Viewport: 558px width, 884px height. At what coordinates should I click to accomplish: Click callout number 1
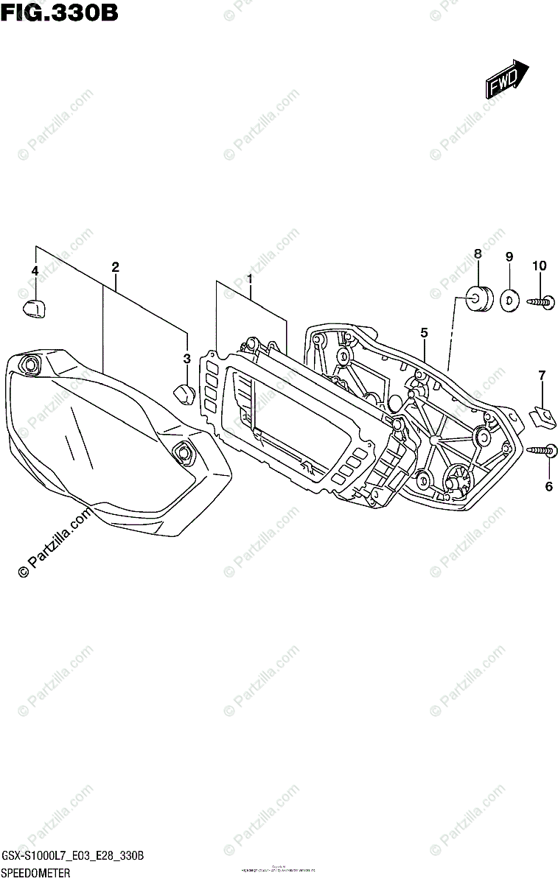(x=250, y=279)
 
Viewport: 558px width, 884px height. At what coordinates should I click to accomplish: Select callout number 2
(x=115, y=267)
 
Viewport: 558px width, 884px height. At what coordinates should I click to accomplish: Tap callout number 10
(x=540, y=265)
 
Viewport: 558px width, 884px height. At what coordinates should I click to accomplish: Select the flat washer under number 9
(x=509, y=300)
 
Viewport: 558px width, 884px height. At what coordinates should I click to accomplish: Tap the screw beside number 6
(x=543, y=450)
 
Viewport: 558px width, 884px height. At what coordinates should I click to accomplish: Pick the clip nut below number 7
(x=544, y=417)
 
